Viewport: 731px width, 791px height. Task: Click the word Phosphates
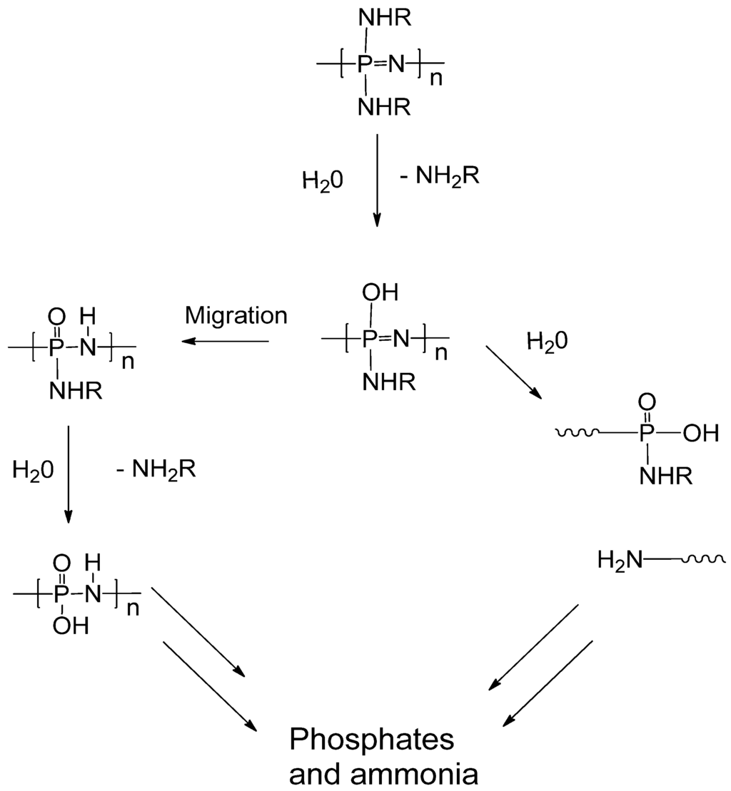371,740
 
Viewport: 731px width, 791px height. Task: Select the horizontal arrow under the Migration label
226,342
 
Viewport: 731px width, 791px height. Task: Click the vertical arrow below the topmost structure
377,181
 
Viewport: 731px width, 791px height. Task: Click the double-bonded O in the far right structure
646,402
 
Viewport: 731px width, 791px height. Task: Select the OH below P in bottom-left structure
71,626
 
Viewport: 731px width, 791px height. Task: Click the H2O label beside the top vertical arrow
323,180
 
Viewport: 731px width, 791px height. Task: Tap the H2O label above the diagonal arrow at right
548,341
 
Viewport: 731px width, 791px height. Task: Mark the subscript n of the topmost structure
436,79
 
